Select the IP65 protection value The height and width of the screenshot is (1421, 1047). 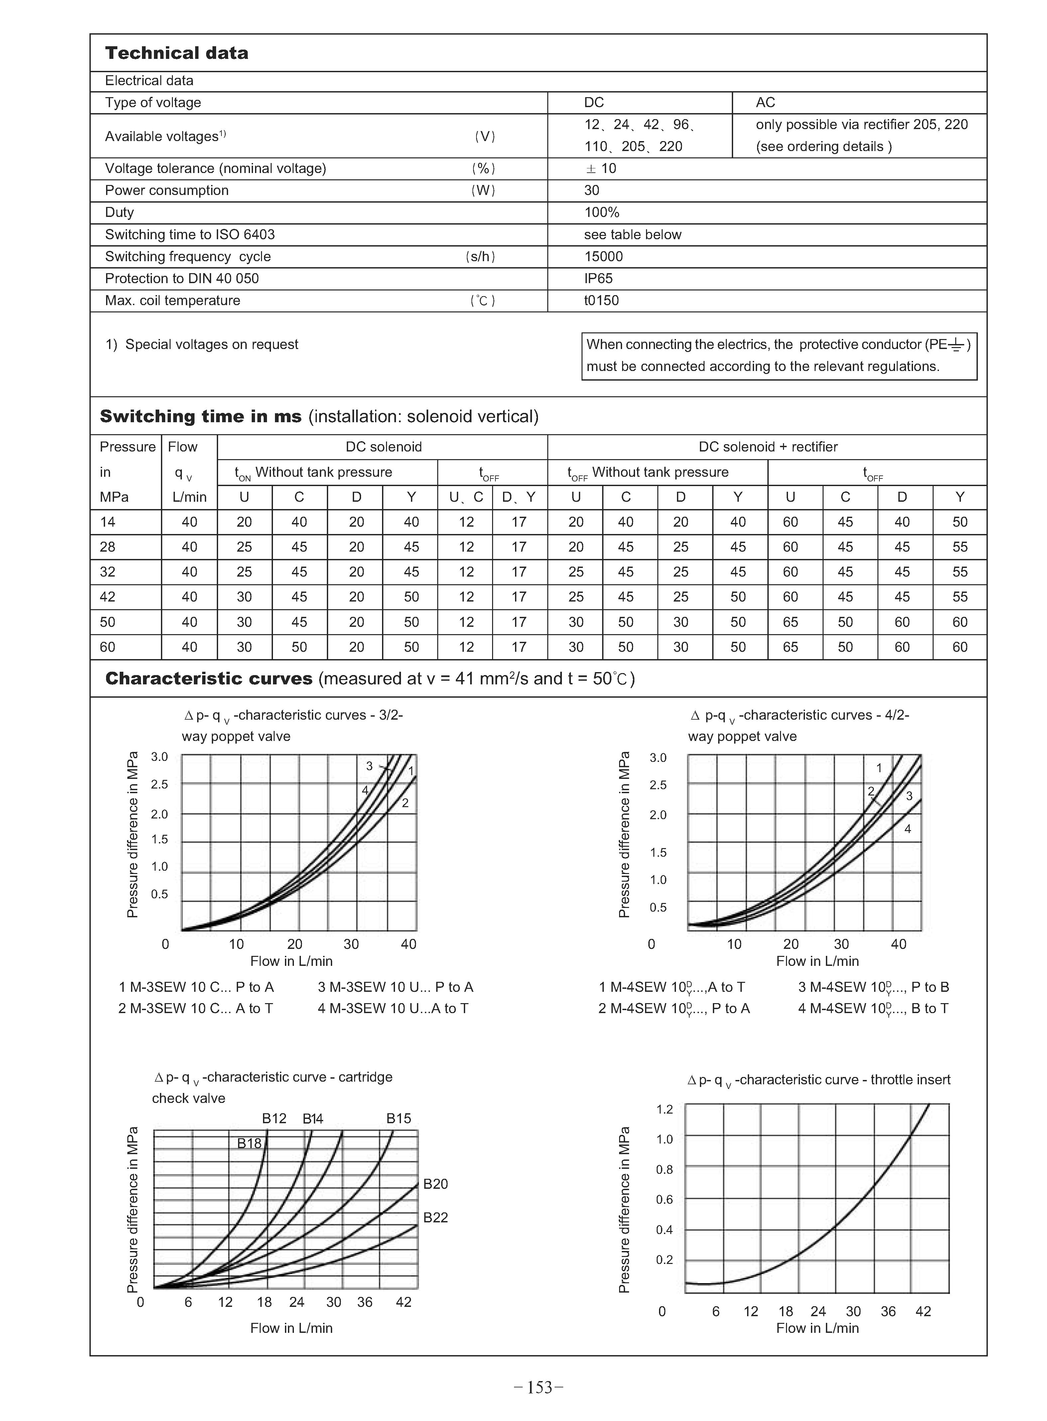(x=598, y=278)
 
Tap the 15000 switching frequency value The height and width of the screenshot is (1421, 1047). (x=603, y=256)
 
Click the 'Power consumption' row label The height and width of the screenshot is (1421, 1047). (x=167, y=190)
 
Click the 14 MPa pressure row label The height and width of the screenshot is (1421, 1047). (x=108, y=522)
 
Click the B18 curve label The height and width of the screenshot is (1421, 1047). (x=249, y=1143)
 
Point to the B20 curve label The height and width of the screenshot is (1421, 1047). (x=436, y=1184)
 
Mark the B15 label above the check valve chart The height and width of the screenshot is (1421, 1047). (x=399, y=1119)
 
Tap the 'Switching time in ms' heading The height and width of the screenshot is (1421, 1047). (x=200, y=417)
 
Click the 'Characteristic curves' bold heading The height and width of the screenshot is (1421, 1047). (x=208, y=678)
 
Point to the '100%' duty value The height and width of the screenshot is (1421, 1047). (x=601, y=212)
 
